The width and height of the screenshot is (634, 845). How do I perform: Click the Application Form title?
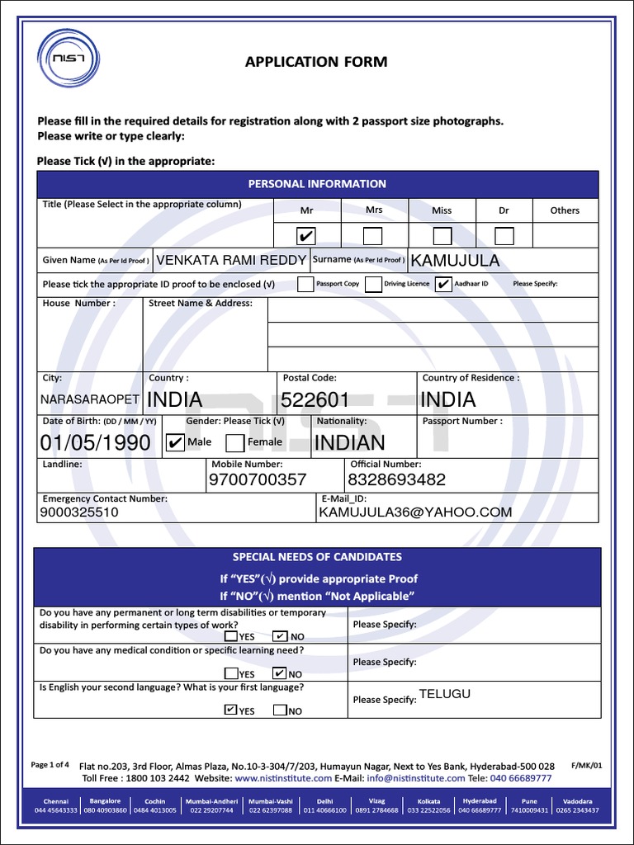316,62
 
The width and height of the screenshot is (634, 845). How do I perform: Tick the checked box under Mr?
306,236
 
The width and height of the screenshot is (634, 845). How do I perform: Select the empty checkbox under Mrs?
373,236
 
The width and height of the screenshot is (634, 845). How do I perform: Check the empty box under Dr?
504,236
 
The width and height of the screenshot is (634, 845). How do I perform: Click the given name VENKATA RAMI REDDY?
231,260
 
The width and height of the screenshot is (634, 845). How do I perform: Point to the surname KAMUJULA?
455,261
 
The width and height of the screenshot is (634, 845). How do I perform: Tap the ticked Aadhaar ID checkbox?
443,284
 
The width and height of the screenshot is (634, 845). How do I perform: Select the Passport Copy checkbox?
305,284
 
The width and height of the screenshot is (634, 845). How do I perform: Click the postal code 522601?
315,399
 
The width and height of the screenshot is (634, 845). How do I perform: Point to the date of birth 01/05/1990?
95,443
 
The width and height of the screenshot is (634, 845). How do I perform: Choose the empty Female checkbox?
234,443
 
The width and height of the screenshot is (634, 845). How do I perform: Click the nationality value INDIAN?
350,443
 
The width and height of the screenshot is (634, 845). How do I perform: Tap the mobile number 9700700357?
258,479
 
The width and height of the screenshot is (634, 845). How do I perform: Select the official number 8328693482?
396,479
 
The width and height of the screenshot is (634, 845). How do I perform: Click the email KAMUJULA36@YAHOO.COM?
414,512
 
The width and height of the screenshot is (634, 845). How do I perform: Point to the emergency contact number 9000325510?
79,512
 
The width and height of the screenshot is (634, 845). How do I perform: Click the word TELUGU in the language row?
444,694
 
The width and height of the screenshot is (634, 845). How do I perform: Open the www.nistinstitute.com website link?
283,778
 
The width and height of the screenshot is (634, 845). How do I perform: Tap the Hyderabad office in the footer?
480,805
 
